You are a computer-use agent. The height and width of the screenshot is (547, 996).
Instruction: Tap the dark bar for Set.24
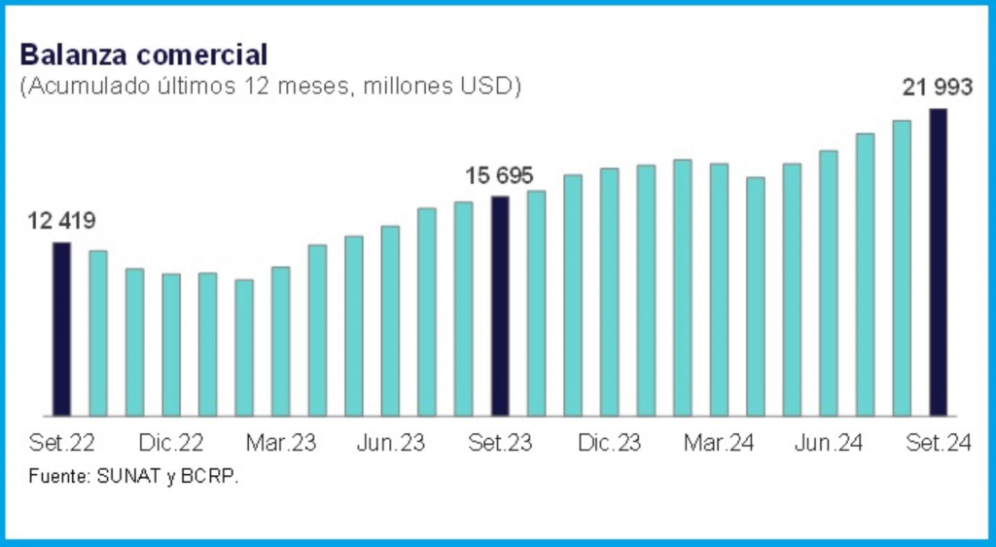point(939,262)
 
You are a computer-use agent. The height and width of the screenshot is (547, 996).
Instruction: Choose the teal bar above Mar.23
point(280,341)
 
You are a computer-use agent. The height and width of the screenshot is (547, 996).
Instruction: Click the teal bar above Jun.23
point(390,320)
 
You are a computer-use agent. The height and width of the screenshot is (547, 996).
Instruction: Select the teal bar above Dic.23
point(610,292)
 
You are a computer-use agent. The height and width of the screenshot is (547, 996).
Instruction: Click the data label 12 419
point(62,221)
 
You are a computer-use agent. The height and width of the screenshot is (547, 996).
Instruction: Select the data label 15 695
point(500,176)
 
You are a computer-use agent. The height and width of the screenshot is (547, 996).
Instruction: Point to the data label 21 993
point(937,88)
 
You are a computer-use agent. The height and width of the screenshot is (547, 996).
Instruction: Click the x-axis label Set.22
point(62,444)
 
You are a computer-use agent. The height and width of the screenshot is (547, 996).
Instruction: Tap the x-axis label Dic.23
point(609,444)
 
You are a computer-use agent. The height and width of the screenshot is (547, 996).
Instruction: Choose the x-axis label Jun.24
point(829,444)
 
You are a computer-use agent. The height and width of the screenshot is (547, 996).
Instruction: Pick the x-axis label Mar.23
point(280,444)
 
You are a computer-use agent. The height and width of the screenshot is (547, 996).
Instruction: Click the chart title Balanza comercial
point(143,54)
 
